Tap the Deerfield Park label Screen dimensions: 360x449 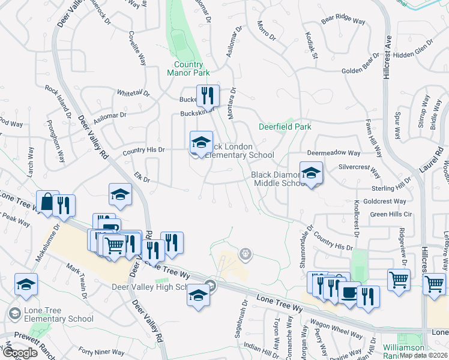pos(285,127)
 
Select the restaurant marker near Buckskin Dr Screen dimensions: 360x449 pos(208,95)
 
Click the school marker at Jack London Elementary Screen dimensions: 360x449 pos(201,143)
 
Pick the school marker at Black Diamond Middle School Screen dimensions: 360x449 pos(311,173)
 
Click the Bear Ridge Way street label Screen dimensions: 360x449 pos(343,21)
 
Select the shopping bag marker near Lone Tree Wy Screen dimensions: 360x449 pos(47,202)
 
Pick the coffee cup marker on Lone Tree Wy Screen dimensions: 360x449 pos(348,293)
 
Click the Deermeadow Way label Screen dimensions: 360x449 pos(334,153)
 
